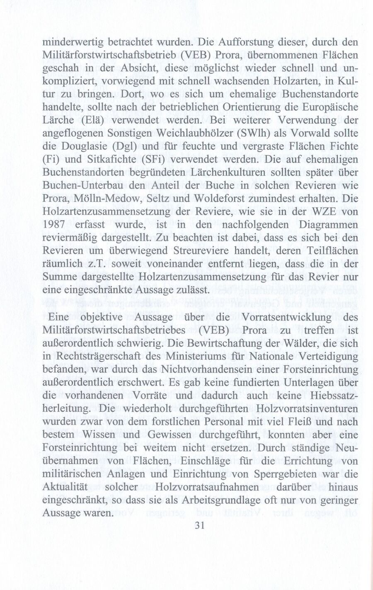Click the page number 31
pyautogui.click(x=200, y=526)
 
